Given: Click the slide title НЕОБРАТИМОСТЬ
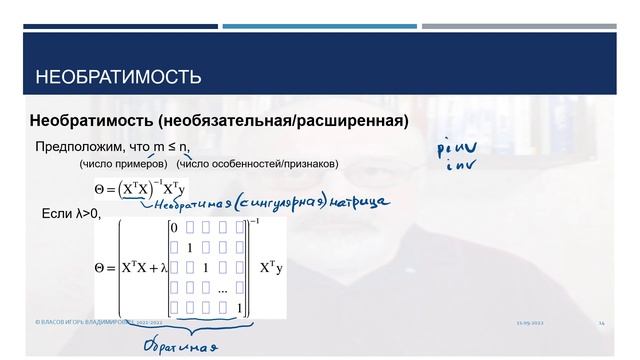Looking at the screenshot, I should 118,77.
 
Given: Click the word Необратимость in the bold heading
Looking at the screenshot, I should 92,121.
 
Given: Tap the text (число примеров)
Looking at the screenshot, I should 123,164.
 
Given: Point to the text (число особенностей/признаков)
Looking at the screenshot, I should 257,164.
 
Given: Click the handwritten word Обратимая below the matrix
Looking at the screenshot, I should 179,345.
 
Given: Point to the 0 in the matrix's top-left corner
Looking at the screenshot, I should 175,228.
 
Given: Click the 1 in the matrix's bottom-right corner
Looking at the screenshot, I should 238,306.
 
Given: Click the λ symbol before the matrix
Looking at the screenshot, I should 161,268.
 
